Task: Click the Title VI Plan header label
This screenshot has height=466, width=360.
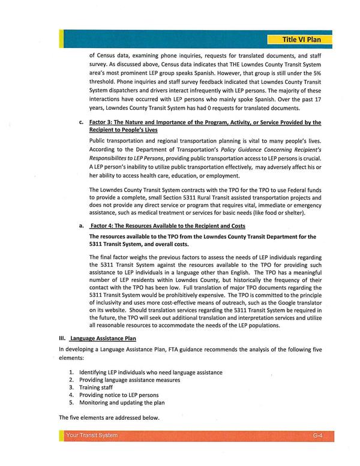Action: coord(305,40)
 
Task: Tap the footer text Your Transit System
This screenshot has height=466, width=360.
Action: coord(93,435)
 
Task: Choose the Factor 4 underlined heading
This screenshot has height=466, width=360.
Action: coord(158,226)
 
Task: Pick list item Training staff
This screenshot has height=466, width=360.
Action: coord(98,387)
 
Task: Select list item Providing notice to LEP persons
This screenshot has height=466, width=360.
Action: coord(118,395)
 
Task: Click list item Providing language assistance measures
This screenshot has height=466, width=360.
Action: coord(129,380)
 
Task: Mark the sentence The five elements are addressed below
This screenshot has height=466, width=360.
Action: coord(109,417)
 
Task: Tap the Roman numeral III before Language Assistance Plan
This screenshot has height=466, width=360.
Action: coord(62,338)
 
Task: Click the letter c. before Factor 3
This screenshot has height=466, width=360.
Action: coord(81,122)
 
